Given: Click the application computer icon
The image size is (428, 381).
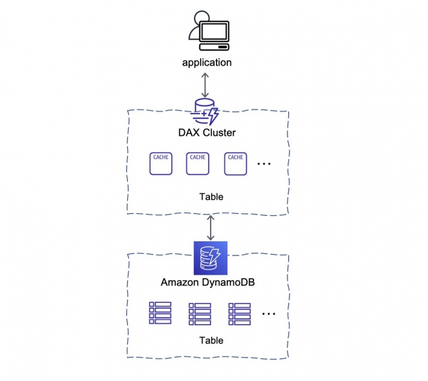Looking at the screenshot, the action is (x=209, y=31).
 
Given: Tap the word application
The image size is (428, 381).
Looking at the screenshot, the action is (x=207, y=63).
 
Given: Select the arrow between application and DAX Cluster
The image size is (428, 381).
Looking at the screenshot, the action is (x=205, y=85).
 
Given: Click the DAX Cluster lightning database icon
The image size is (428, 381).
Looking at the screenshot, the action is (x=205, y=112).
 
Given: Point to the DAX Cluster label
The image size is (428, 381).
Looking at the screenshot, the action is (x=207, y=132).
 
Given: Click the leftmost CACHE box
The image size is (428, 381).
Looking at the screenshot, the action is (x=160, y=164).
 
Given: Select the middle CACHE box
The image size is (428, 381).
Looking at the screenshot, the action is (x=198, y=164).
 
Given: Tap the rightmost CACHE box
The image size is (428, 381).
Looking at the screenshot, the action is (x=235, y=164).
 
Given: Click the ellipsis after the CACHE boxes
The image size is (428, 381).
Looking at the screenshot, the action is (x=264, y=164).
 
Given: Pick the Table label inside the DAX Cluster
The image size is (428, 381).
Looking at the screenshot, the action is (x=211, y=197).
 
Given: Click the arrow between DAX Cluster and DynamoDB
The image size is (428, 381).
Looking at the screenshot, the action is (x=211, y=228).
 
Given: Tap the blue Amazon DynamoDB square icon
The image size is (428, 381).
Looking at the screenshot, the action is (x=211, y=258).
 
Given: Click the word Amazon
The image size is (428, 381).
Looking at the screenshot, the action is (x=180, y=282).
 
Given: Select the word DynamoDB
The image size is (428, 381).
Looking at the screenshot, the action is (x=228, y=282).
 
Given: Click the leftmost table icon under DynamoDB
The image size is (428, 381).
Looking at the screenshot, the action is (x=160, y=313).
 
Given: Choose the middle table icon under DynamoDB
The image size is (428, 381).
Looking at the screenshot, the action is (x=200, y=314).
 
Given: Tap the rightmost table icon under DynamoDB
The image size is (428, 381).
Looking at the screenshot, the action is (x=239, y=314).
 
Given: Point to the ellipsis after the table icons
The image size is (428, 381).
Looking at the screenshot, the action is (x=269, y=314).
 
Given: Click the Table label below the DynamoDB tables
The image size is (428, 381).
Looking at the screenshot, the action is (x=211, y=341).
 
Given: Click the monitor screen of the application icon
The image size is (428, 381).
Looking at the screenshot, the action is (x=214, y=31).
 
